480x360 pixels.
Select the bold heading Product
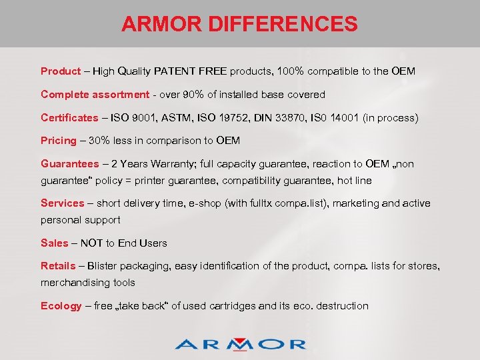(x=61, y=71)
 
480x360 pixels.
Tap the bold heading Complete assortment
(x=95, y=95)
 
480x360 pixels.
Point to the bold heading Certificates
(x=69, y=118)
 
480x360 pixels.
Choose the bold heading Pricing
(x=59, y=141)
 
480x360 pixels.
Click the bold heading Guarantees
(x=69, y=164)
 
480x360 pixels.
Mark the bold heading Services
(x=63, y=203)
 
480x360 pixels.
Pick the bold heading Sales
(x=55, y=243)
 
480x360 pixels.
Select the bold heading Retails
(x=58, y=266)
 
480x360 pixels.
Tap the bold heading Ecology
(x=61, y=306)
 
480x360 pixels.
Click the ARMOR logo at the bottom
(x=240, y=343)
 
